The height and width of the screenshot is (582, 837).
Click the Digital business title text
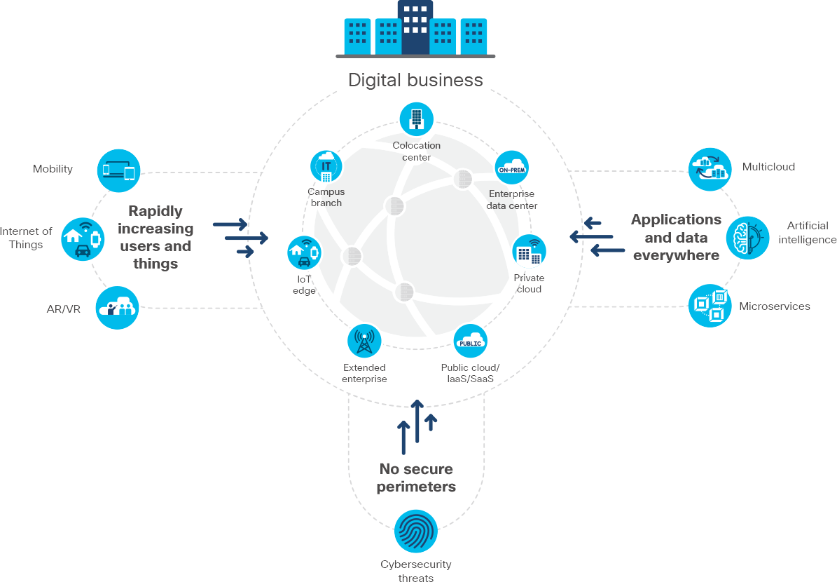tap(415, 80)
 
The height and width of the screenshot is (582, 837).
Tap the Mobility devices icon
tap(119, 170)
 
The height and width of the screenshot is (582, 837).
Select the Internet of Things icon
tap(82, 239)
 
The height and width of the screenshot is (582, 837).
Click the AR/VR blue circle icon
tap(118, 308)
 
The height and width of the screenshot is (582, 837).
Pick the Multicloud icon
tap(710, 169)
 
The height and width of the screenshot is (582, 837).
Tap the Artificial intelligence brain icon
tap(747, 238)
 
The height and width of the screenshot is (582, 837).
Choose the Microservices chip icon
tap(710, 306)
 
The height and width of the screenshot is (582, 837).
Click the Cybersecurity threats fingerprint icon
tap(416, 532)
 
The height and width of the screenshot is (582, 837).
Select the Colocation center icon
tap(416, 119)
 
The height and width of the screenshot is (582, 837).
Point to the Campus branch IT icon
tap(326, 166)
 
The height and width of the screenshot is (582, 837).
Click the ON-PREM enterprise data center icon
tap(511, 168)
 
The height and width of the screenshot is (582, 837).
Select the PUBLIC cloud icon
tap(470, 341)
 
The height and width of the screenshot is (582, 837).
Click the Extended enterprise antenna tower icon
tap(364, 341)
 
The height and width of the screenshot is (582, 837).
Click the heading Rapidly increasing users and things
tap(155, 237)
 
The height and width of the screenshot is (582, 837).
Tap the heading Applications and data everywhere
tap(676, 237)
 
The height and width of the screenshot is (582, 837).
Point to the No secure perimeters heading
tap(416, 478)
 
